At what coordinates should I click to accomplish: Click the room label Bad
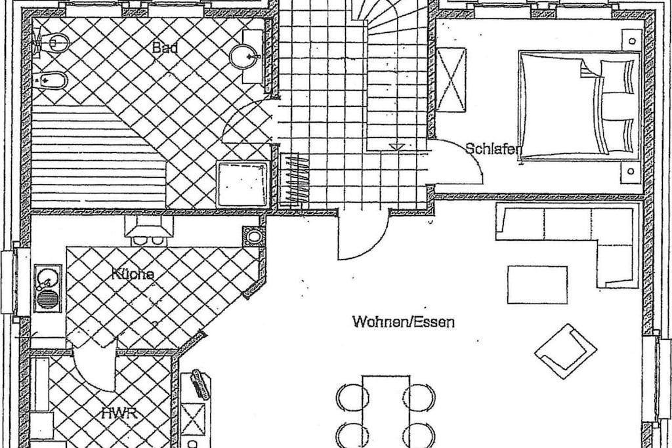click(x=165, y=47)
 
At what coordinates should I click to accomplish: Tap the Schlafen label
click(x=493, y=149)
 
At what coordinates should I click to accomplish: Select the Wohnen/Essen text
click(x=404, y=321)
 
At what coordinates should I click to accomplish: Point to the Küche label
click(x=133, y=274)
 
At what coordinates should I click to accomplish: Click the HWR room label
click(x=119, y=414)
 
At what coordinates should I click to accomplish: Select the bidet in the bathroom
click(x=51, y=79)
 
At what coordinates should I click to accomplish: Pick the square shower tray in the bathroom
click(x=243, y=184)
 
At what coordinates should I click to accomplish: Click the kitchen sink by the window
click(x=47, y=287)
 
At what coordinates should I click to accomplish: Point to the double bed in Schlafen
click(x=579, y=106)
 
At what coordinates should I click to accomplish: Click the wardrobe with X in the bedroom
click(x=451, y=79)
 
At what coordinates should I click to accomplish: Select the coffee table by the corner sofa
click(x=537, y=285)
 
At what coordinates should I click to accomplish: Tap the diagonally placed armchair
click(x=565, y=351)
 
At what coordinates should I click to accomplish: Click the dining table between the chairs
click(x=386, y=411)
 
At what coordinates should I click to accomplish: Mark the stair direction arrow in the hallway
click(x=397, y=146)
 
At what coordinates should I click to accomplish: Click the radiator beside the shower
click(x=295, y=180)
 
